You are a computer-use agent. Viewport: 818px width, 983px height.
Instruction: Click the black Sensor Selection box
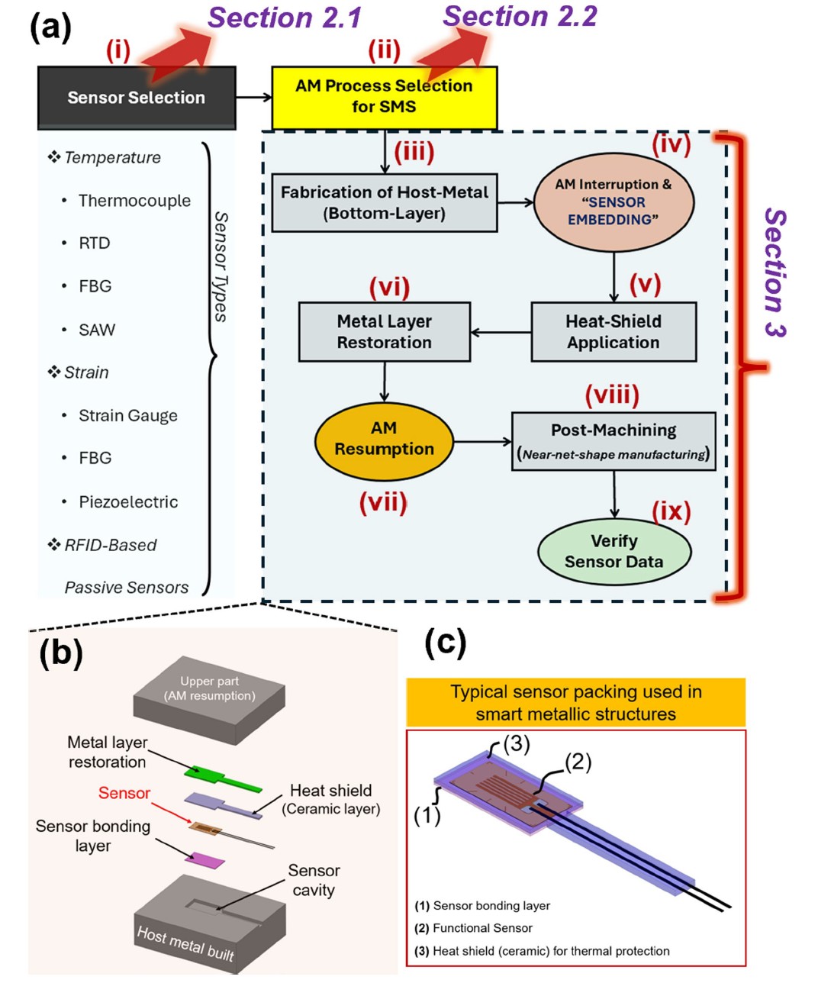point(137,98)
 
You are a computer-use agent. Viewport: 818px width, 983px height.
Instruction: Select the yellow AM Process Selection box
point(384,97)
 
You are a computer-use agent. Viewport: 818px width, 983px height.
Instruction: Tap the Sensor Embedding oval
point(613,202)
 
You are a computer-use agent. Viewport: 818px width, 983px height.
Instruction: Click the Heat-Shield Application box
point(613,332)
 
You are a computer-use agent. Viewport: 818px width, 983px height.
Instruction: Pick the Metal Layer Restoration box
point(384,332)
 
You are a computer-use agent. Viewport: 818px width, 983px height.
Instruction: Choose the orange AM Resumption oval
point(384,440)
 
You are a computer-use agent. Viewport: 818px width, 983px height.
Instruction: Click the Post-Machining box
point(613,441)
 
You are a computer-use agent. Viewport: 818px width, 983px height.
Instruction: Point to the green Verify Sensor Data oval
point(613,551)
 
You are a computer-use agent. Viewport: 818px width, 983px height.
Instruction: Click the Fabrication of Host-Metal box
point(384,202)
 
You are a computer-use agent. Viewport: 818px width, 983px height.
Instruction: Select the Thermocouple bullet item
point(134,201)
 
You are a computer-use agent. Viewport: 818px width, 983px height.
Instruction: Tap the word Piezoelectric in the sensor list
point(128,502)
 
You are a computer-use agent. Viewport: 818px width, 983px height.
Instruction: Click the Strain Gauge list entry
point(127,416)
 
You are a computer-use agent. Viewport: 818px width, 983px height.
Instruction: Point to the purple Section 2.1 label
point(285,18)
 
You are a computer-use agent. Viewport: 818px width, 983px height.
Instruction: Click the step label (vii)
point(383,503)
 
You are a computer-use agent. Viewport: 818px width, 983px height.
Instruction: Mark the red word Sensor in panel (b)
point(124,794)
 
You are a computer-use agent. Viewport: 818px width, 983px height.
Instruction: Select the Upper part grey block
point(210,698)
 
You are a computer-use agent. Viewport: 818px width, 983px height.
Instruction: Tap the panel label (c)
point(445,643)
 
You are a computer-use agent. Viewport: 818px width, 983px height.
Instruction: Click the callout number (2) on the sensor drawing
point(578,762)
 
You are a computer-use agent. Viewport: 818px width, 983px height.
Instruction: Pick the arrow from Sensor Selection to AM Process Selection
point(253,97)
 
